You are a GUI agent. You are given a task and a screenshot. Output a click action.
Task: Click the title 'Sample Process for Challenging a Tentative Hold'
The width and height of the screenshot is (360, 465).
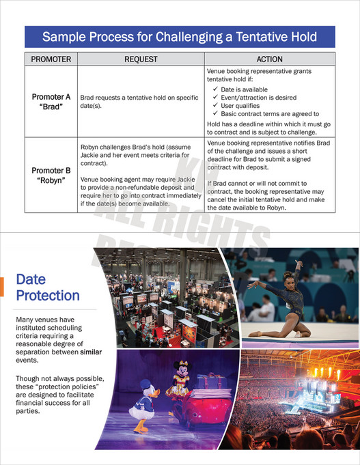180,36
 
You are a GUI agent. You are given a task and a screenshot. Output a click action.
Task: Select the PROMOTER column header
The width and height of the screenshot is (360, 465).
51,59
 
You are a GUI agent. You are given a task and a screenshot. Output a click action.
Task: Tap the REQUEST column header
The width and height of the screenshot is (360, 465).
141,59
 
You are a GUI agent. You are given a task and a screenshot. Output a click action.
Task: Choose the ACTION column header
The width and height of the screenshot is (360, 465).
269,59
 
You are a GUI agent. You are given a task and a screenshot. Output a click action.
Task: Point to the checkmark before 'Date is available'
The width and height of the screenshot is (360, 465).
217,89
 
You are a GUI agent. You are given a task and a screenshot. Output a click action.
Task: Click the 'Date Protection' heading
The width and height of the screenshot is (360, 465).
47,287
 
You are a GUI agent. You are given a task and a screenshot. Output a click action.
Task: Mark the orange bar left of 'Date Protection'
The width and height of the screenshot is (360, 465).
2,287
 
